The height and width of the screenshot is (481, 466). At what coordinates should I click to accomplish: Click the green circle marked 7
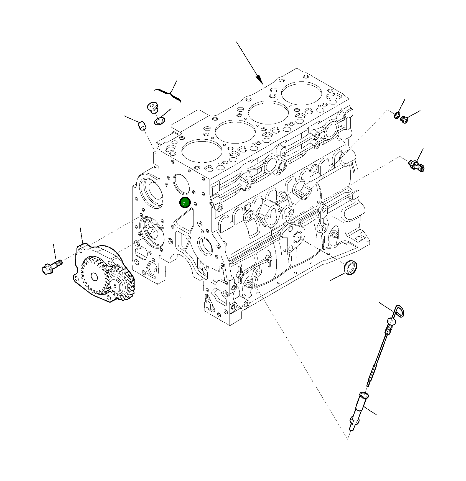point(185,203)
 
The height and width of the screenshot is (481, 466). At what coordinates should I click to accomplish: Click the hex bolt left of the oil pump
point(52,267)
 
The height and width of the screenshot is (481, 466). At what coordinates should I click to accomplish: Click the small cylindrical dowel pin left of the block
point(142,126)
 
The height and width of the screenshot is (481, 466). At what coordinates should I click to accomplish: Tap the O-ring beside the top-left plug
point(159,121)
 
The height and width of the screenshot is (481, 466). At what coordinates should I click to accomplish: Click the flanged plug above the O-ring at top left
point(152,107)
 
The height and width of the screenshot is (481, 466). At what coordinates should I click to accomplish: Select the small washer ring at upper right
point(397,115)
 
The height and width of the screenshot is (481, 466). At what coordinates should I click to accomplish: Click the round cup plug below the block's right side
point(351,267)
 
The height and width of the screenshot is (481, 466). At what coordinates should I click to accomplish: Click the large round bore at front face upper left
point(152,192)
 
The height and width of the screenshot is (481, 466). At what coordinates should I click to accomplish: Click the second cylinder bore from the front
point(235,132)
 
